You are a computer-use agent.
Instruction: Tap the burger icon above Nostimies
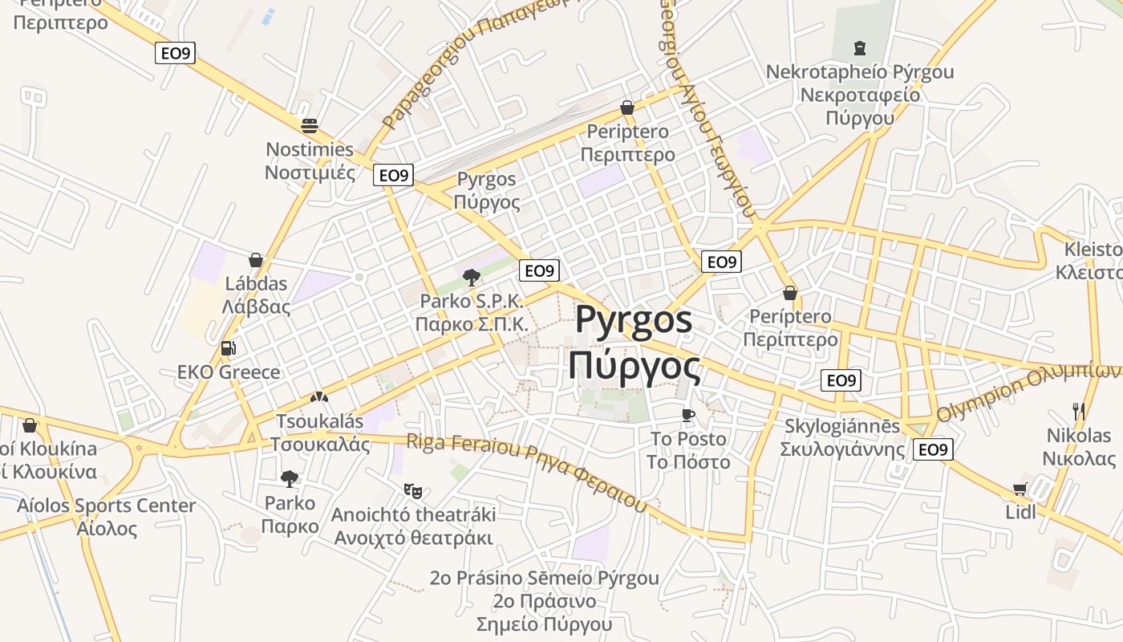point(310,125)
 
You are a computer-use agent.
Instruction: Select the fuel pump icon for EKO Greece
point(229,348)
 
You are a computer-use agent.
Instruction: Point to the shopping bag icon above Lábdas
point(256,260)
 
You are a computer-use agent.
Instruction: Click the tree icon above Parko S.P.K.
point(471,278)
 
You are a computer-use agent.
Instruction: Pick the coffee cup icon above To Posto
point(687,415)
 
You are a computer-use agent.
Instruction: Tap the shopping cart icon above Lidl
point(1020,489)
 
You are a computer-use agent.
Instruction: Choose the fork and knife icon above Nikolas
point(1078,412)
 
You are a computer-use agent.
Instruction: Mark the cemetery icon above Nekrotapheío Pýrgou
point(860,48)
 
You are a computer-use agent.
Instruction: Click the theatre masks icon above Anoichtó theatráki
point(413,490)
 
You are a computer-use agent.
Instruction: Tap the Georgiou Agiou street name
point(706,104)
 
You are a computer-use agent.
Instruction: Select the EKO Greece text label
point(229,372)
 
